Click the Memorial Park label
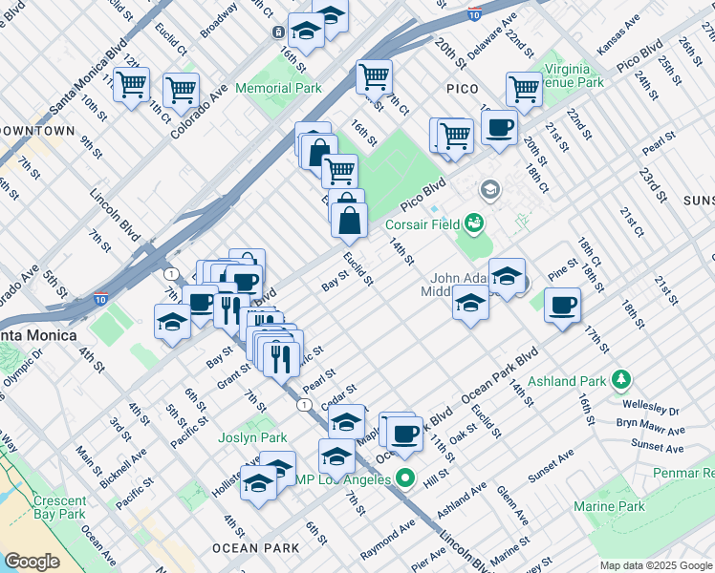(278, 88)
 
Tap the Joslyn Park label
(258, 438)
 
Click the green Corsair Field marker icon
(472, 225)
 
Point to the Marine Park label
(618, 506)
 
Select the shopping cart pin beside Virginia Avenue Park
(524, 90)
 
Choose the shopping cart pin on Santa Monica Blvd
(131, 84)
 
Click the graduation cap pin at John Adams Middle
(469, 305)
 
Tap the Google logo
(32, 562)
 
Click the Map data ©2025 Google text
(656, 565)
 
